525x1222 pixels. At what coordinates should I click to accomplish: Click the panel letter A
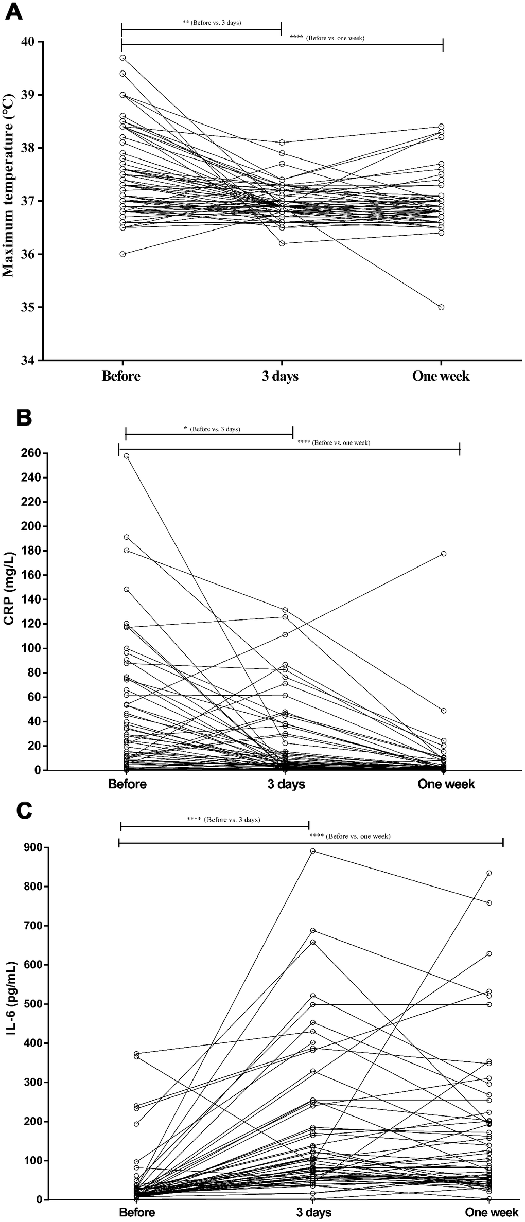tap(13, 11)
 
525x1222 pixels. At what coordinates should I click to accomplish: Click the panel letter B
tap(24, 417)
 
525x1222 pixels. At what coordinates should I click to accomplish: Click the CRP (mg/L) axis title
tap(9, 589)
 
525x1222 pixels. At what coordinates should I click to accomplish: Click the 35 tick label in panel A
tap(30, 307)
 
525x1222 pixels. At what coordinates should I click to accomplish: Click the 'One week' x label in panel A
tap(441, 376)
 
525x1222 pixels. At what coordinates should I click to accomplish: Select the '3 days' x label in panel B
tap(286, 784)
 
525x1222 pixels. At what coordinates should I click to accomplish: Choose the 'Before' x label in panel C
tap(137, 1213)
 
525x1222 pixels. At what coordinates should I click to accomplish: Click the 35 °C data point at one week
tap(441, 307)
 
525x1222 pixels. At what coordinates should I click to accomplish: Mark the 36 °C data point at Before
tap(122, 254)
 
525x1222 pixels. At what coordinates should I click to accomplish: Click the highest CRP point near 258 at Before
tap(127, 456)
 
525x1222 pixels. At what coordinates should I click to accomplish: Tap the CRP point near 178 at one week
tap(443, 554)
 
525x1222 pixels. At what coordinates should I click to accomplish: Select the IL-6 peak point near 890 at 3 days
tap(312, 851)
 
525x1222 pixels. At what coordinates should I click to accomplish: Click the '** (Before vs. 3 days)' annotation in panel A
tap(212, 23)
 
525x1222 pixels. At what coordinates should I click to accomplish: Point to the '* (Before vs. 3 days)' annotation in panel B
tap(212, 429)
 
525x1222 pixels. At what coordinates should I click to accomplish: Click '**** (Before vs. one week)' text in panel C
tap(350, 836)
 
